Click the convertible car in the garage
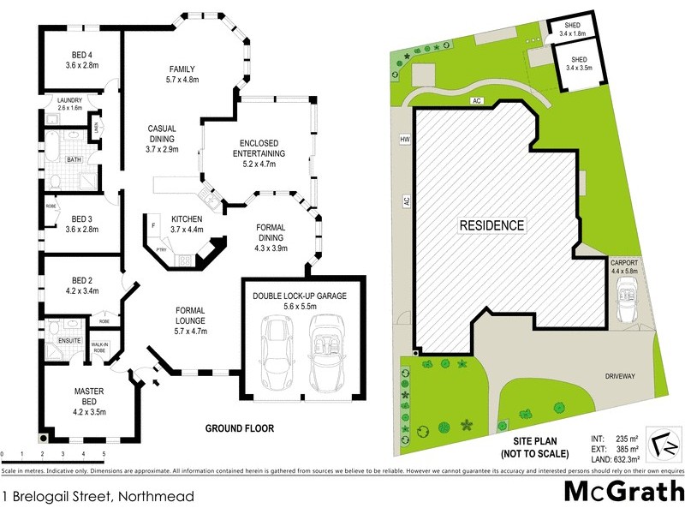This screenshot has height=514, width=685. (x=326, y=351)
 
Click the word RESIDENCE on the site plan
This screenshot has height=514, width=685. (x=491, y=226)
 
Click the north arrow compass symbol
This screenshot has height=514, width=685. (x=660, y=439)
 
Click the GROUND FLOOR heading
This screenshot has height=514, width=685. (x=239, y=428)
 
